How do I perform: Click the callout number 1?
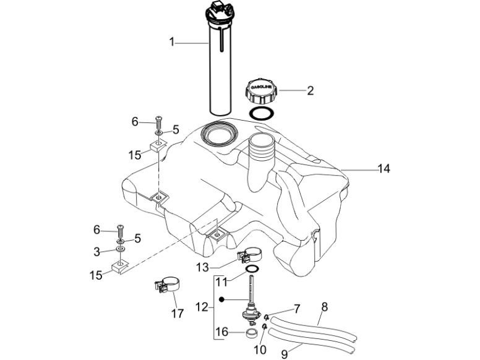click(x=173, y=42)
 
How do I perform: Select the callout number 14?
click(x=385, y=168)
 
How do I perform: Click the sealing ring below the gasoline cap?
click(x=262, y=113)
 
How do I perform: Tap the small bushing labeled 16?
click(x=252, y=335)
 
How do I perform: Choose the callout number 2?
click(x=310, y=91)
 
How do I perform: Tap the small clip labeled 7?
click(x=266, y=317)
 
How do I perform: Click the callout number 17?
click(x=178, y=313)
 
